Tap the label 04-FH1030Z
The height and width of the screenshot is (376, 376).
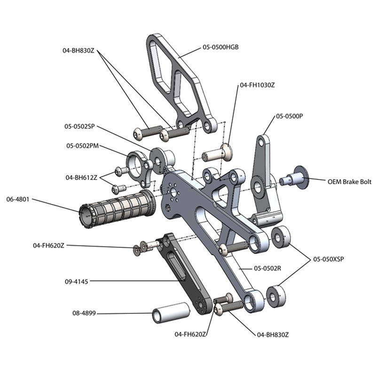pyautogui.click(x=257, y=86)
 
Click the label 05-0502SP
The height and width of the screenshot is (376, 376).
pyautogui.click(x=80, y=126)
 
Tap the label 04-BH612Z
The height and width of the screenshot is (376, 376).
pyautogui.click(x=81, y=178)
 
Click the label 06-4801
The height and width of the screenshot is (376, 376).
pyautogui.click(x=18, y=199)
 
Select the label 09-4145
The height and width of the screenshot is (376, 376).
pyautogui.click(x=76, y=282)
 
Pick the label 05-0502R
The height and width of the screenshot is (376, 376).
pyautogui.click(x=267, y=268)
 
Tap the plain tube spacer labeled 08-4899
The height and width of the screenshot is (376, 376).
pyautogui.click(x=170, y=313)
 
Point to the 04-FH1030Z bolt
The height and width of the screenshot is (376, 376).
pyautogui.click(x=218, y=153)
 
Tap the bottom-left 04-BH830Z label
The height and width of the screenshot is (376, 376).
pyautogui.click(x=273, y=334)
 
